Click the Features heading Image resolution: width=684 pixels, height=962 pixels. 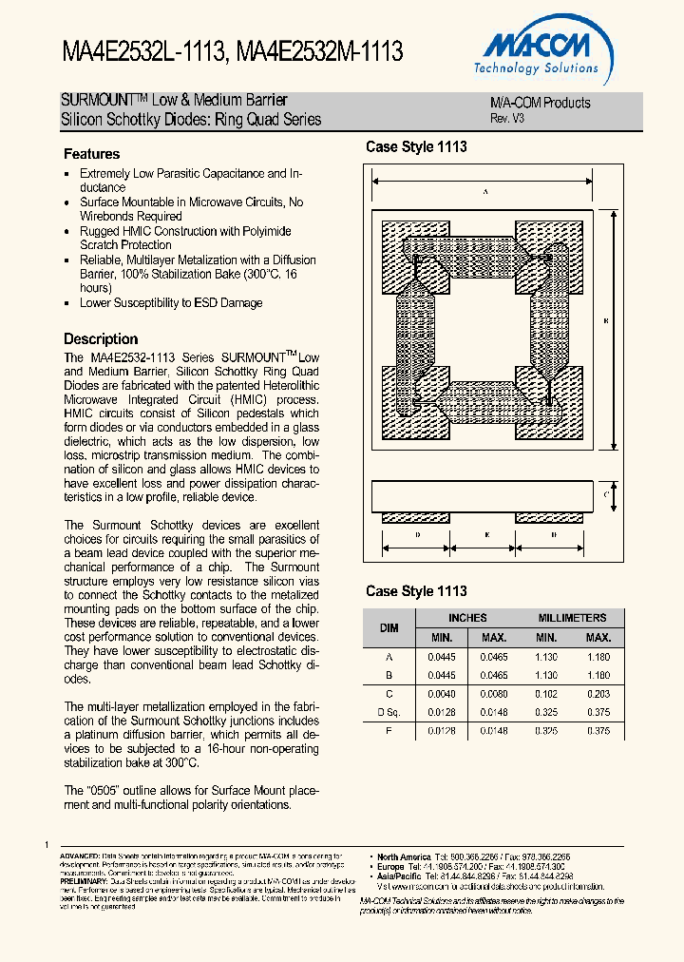coord(91,154)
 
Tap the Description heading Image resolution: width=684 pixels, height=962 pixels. coord(101,339)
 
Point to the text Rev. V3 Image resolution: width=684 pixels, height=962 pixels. coord(506,119)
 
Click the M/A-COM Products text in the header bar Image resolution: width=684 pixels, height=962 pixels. coord(540,103)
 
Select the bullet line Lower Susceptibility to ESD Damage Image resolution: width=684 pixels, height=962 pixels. coord(171,303)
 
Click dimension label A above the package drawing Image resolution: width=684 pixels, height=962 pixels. coord(484,192)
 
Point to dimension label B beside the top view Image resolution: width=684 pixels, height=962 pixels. coord(605,321)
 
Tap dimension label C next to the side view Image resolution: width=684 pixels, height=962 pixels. coord(605,494)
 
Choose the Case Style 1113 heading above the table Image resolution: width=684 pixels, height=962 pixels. coord(416,591)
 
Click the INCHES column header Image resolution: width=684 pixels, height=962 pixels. coord(467,618)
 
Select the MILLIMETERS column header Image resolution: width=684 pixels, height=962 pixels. coord(572,618)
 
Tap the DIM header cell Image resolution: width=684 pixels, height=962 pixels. coord(389,627)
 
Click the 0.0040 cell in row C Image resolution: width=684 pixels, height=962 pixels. coord(442,694)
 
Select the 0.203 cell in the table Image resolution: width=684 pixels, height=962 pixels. coord(598,694)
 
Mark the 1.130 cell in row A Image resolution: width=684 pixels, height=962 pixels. coord(545,657)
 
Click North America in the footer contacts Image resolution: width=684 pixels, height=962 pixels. coord(404,856)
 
